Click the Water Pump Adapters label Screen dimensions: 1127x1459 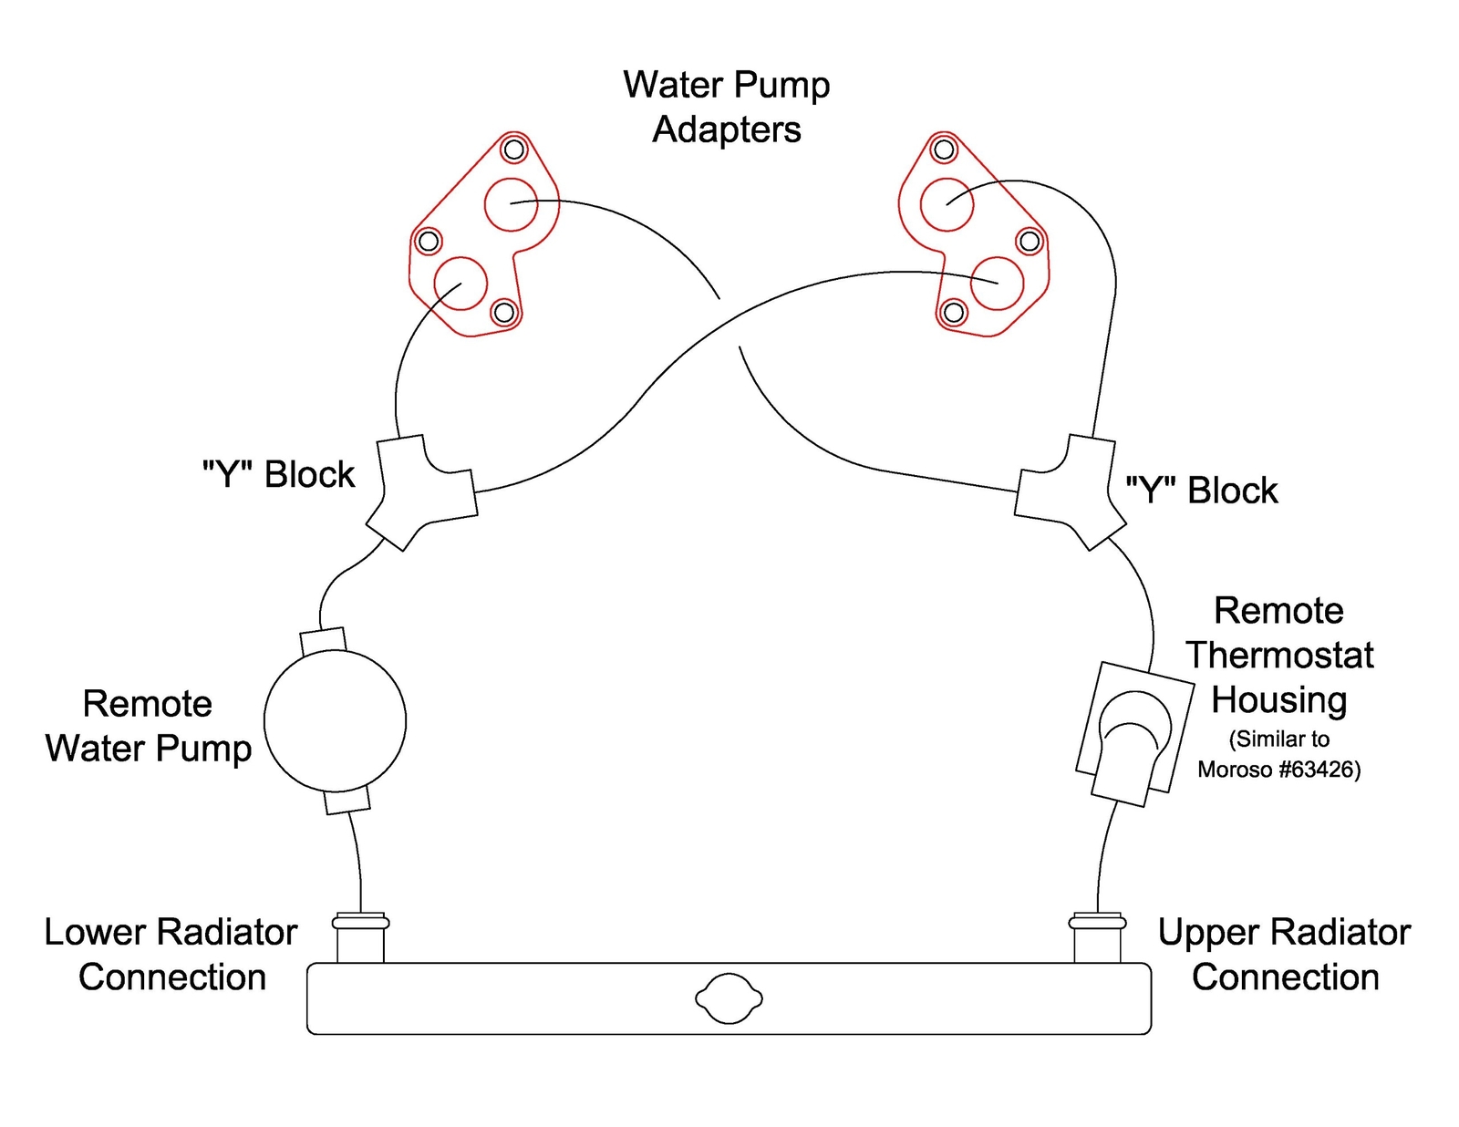coord(727,107)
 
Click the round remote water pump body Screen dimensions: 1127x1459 coord(335,720)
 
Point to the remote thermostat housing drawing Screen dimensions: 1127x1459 coord(1133,734)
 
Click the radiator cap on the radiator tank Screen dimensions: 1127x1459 coord(729,998)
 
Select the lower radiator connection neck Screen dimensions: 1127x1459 coord(360,937)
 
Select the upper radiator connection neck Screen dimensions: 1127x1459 coord(1097,937)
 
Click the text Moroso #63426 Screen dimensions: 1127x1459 coord(1278,770)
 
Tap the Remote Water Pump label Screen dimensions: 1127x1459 coord(148,726)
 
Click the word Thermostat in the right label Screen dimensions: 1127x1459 coord(1279,655)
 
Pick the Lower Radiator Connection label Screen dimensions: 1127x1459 coord(171,954)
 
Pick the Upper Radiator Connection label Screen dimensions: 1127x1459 coord(1284,954)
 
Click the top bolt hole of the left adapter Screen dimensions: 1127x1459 coord(514,149)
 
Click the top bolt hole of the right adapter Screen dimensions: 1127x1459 coord(944,149)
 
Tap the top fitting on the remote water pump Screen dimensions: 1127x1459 coord(324,640)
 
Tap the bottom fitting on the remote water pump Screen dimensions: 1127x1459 coord(347,801)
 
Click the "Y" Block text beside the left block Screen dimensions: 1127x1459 coord(278,474)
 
